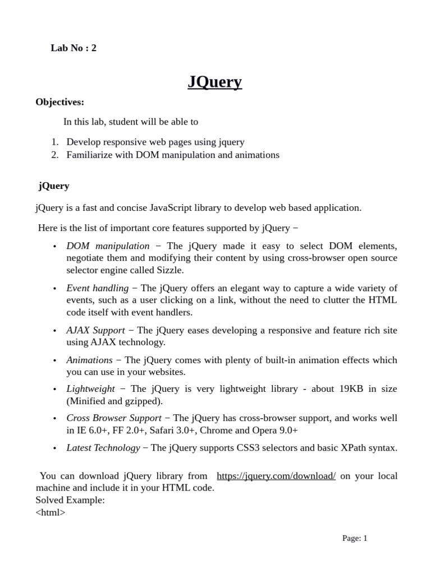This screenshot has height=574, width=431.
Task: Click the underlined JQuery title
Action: [x=215, y=82]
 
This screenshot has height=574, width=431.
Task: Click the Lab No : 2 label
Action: [x=74, y=48]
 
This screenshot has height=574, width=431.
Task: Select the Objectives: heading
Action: [x=60, y=102]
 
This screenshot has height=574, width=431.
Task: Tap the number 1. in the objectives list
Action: [x=55, y=142]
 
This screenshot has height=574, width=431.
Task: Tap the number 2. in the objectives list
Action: [x=55, y=155]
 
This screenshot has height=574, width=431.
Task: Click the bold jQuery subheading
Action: [x=54, y=186]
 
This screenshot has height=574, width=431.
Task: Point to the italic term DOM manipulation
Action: [x=108, y=246]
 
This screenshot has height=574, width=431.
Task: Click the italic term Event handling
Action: [x=97, y=288]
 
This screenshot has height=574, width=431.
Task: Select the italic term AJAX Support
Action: [x=95, y=330]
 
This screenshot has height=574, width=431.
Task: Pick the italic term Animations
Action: [x=89, y=360]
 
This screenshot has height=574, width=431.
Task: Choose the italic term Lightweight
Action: [x=90, y=389]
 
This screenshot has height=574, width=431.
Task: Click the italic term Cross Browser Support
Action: [x=113, y=418]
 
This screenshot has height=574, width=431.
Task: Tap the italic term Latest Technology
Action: [x=103, y=448]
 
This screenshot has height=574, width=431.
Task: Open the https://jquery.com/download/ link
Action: [x=276, y=476]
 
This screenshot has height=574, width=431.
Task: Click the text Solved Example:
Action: [x=70, y=500]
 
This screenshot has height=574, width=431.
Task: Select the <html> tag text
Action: [x=51, y=512]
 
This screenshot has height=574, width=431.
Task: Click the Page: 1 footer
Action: [x=355, y=539]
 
